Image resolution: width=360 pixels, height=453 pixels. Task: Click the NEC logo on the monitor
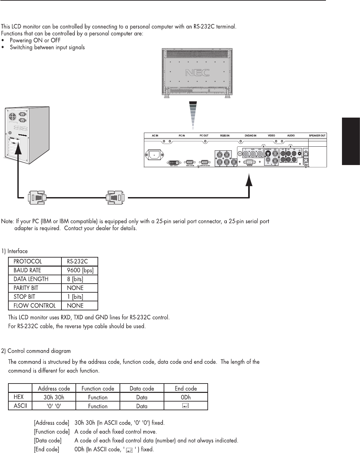click(197, 72)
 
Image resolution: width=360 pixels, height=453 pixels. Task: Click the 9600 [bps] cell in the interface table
click(80, 270)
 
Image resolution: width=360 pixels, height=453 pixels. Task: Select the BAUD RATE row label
click(27, 270)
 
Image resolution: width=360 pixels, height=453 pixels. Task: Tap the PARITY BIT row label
click(26, 288)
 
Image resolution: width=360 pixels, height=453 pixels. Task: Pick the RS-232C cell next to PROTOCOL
click(77, 262)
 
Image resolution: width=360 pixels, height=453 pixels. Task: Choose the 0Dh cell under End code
click(186, 397)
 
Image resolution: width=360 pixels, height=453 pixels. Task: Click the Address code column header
click(54, 389)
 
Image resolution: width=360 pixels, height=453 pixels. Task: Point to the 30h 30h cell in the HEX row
click(54, 397)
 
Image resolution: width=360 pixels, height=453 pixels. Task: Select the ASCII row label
click(20, 406)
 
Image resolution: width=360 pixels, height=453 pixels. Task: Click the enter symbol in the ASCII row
click(186, 406)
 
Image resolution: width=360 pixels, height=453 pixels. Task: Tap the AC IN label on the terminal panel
click(155, 136)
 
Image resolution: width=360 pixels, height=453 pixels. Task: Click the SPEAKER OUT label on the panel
click(317, 136)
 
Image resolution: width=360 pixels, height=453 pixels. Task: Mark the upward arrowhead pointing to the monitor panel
click(248, 181)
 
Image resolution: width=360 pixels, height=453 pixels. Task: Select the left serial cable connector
click(37, 197)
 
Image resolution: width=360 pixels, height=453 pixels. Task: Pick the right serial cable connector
click(115, 197)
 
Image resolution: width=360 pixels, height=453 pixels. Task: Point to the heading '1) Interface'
click(14, 251)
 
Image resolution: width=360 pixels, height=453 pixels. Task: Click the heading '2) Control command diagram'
click(36, 351)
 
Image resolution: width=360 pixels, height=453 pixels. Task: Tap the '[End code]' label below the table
click(46, 449)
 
